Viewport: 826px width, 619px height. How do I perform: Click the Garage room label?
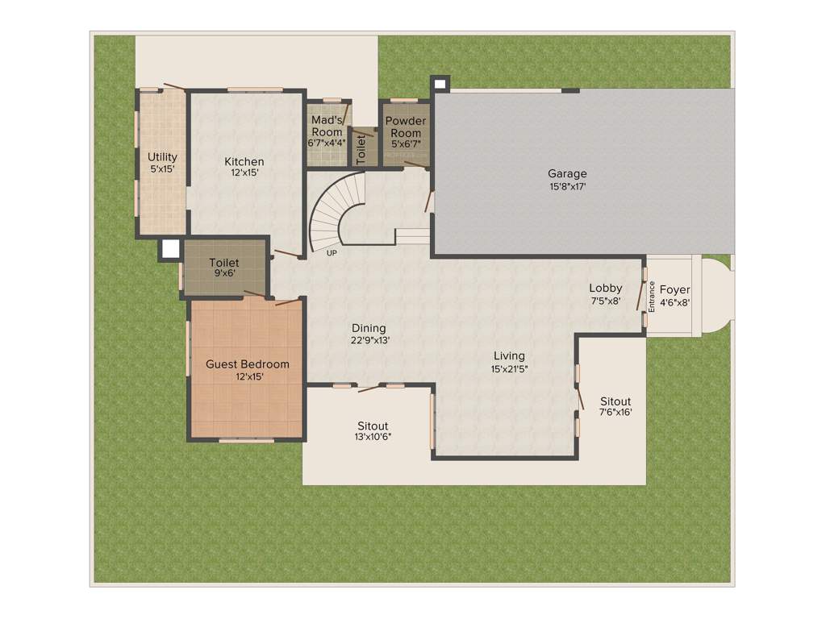pyautogui.click(x=567, y=180)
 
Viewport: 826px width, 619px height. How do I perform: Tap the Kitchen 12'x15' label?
pyautogui.click(x=244, y=167)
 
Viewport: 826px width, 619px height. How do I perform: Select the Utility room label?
pyautogui.click(x=162, y=163)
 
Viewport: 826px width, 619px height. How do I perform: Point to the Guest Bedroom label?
pyautogui.click(x=247, y=370)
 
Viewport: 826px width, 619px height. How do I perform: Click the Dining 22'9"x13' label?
pyautogui.click(x=369, y=334)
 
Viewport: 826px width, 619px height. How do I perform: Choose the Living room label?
pyautogui.click(x=509, y=361)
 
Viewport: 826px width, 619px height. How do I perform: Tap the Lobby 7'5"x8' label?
pyautogui.click(x=605, y=294)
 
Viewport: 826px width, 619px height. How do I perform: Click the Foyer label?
pyautogui.click(x=674, y=296)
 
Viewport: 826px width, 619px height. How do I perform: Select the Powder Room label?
pyautogui.click(x=405, y=132)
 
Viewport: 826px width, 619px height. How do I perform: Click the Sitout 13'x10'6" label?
pyautogui.click(x=373, y=431)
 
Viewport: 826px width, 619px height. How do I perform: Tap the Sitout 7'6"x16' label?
pyautogui.click(x=615, y=406)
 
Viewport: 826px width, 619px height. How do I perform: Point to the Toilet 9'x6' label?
pyautogui.click(x=224, y=268)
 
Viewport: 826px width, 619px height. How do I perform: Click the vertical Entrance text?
pyautogui.click(x=652, y=296)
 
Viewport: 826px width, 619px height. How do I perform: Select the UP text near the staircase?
pyautogui.click(x=331, y=253)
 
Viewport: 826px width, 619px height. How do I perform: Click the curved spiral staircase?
pyautogui.click(x=331, y=216)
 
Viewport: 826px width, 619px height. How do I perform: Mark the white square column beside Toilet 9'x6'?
pyautogui.click(x=170, y=249)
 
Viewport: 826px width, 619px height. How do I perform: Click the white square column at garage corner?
pyautogui.click(x=440, y=84)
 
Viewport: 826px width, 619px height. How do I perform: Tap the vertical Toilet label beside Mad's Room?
pyautogui.click(x=361, y=149)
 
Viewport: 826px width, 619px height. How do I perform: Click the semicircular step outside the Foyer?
pyautogui.click(x=715, y=297)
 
